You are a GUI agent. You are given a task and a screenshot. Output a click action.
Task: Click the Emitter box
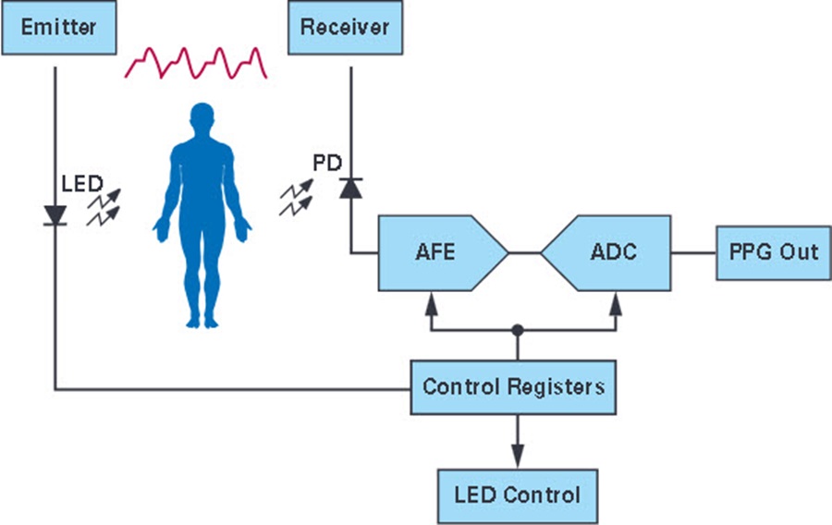(x=59, y=28)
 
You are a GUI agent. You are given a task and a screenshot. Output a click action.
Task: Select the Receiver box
(x=345, y=28)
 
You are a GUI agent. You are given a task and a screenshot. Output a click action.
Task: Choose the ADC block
(x=606, y=253)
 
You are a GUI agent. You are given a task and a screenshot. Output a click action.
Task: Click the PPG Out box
(x=774, y=253)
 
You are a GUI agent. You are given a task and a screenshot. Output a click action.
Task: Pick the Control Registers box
(x=513, y=387)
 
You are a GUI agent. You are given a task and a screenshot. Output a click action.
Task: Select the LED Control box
(x=518, y=496)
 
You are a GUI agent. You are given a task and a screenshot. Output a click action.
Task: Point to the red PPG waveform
(x=196, y=64)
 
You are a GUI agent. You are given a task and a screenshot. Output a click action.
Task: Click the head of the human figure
(x=202, y=117)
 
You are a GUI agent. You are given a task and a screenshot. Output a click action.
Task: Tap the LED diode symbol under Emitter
(x=55, y=216)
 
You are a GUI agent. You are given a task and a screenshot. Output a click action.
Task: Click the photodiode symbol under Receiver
(x=350, y=189)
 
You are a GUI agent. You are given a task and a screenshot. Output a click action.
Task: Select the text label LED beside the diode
(x=82, y=184)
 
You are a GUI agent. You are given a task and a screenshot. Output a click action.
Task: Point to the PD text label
(x=327, y=163)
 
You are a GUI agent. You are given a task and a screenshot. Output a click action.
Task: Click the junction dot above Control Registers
(x=518, y=330)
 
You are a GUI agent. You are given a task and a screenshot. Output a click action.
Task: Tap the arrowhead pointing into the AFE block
(x=432, y=304)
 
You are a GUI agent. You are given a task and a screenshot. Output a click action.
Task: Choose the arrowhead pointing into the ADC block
(x=616, y=304)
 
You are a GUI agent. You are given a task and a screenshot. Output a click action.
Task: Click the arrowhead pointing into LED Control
(x=518, y=456)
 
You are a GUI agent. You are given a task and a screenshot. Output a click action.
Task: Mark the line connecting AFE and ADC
(x=525, y=253)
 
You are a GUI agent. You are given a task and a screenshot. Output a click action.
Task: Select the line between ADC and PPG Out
(x=693, y=253)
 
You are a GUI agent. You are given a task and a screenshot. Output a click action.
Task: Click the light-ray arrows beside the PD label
(x=296, y=198)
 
